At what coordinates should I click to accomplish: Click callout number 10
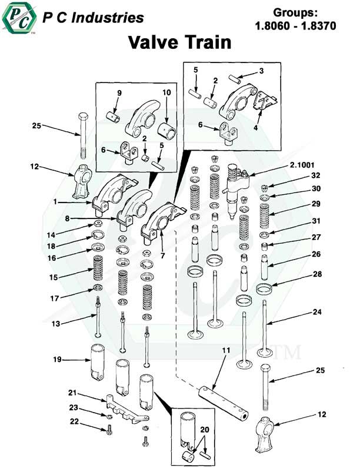[166, 93]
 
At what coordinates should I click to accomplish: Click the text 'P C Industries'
[93, 18]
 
